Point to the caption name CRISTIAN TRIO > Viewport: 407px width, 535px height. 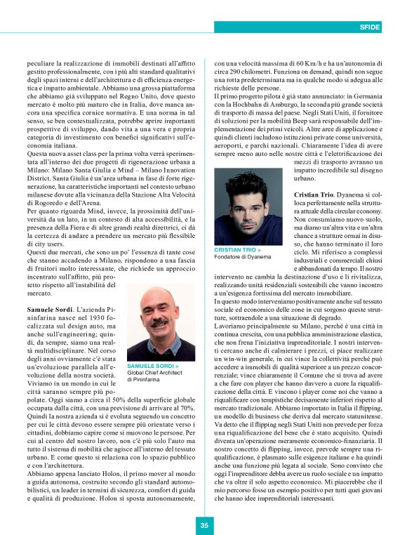237,249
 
